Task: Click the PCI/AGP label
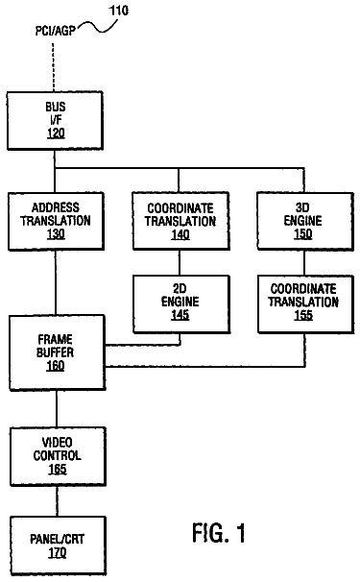55,31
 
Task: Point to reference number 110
118,11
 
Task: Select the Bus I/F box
55,121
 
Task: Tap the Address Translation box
56,221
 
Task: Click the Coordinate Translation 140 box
180,221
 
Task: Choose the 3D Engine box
305,221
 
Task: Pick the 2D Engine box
180,304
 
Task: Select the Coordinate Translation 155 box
305,304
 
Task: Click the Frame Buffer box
57,352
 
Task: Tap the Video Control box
58,456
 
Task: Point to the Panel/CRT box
58,546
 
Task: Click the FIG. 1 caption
219,533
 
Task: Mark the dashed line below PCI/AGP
53,67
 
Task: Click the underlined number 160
56,366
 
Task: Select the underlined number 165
58,470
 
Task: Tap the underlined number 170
58,553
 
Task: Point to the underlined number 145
180,315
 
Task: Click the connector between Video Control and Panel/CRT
58,500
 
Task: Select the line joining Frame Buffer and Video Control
57,409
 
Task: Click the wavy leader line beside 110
97,27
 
